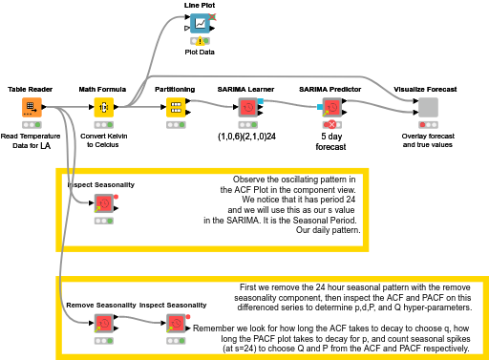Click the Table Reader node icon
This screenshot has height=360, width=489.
pos(31,107)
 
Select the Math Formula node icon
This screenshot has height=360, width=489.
pos(103,107)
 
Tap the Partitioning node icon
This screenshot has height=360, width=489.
pos(176,107)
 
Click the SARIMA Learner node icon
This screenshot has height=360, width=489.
pos(246,107)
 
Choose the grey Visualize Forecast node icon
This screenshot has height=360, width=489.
pos(428,107)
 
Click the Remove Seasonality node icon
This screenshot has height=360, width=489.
pos(103,324)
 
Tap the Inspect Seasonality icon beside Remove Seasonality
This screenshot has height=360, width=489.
pos(176,324)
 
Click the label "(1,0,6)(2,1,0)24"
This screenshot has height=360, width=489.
pos(246,137)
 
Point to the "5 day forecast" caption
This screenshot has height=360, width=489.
pos(330,141)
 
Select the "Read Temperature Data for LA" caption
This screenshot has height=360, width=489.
pos(31,140)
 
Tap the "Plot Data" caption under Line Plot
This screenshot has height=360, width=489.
pos(200,53)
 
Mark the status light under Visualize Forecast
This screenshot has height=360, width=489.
pos(428,125)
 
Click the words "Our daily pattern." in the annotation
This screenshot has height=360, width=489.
pos(327,231)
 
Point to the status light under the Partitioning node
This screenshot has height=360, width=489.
pos(176,125)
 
